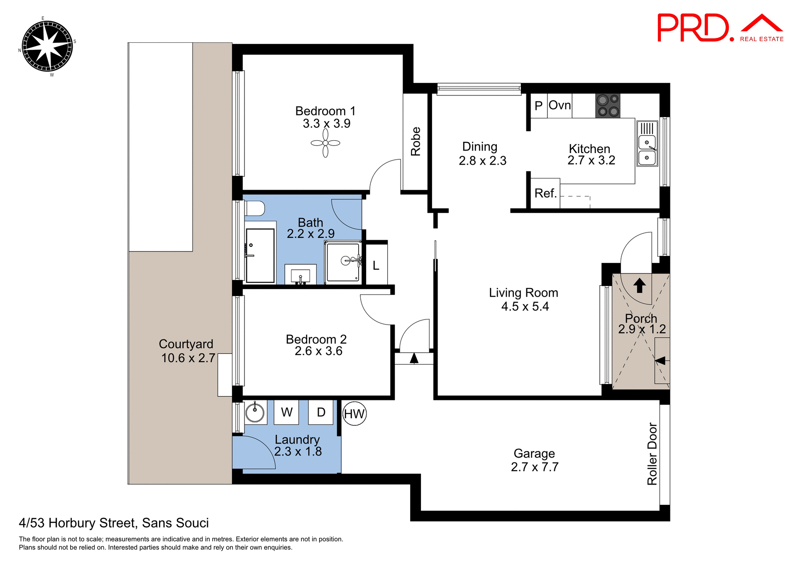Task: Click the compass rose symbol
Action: coord(47,46)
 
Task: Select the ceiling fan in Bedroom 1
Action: coord(325,143)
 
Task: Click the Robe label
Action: coord(416,141)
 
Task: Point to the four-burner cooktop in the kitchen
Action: coord(608,106)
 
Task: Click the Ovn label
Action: coord(560,105)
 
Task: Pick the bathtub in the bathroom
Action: coord(260,255)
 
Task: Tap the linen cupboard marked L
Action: coord(376,266)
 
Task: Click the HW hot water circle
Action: coord(354,414)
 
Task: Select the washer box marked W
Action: coord(286,412)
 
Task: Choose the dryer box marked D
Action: coord(321,412)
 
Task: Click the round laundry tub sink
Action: coord(255,412)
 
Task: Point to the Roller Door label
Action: coord(652,454)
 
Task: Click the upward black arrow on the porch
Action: coord(639,285)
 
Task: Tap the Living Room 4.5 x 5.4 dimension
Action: coord(525,307)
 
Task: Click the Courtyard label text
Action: coord(186,344)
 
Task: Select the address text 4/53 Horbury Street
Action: coord(114,523)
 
